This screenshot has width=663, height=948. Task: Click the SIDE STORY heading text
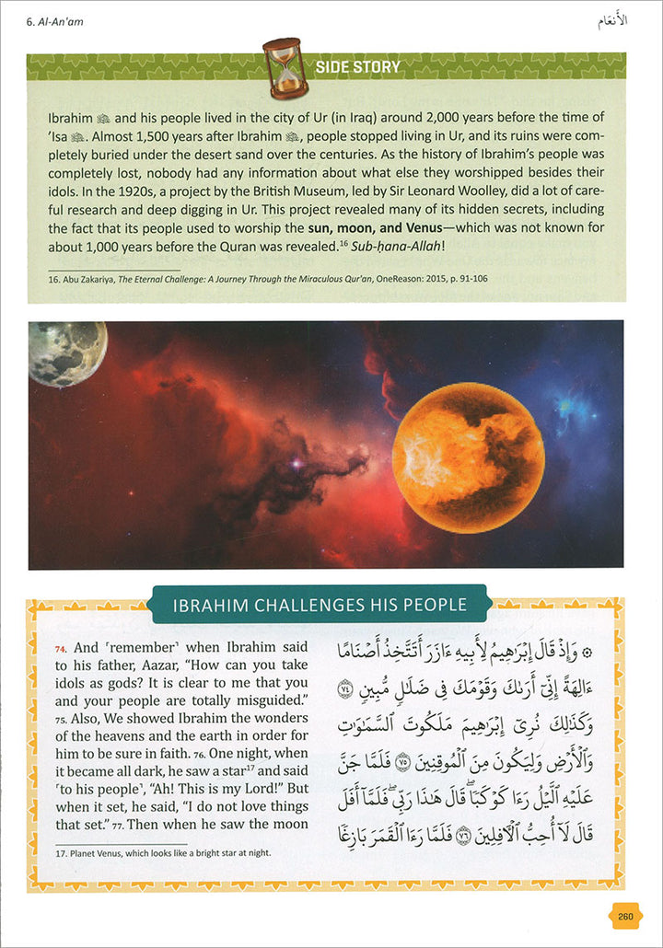click(x=357, y=66)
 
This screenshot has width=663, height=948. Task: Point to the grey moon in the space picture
click(x=54, y=353)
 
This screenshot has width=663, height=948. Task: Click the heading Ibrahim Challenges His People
click(x=320, y=605)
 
